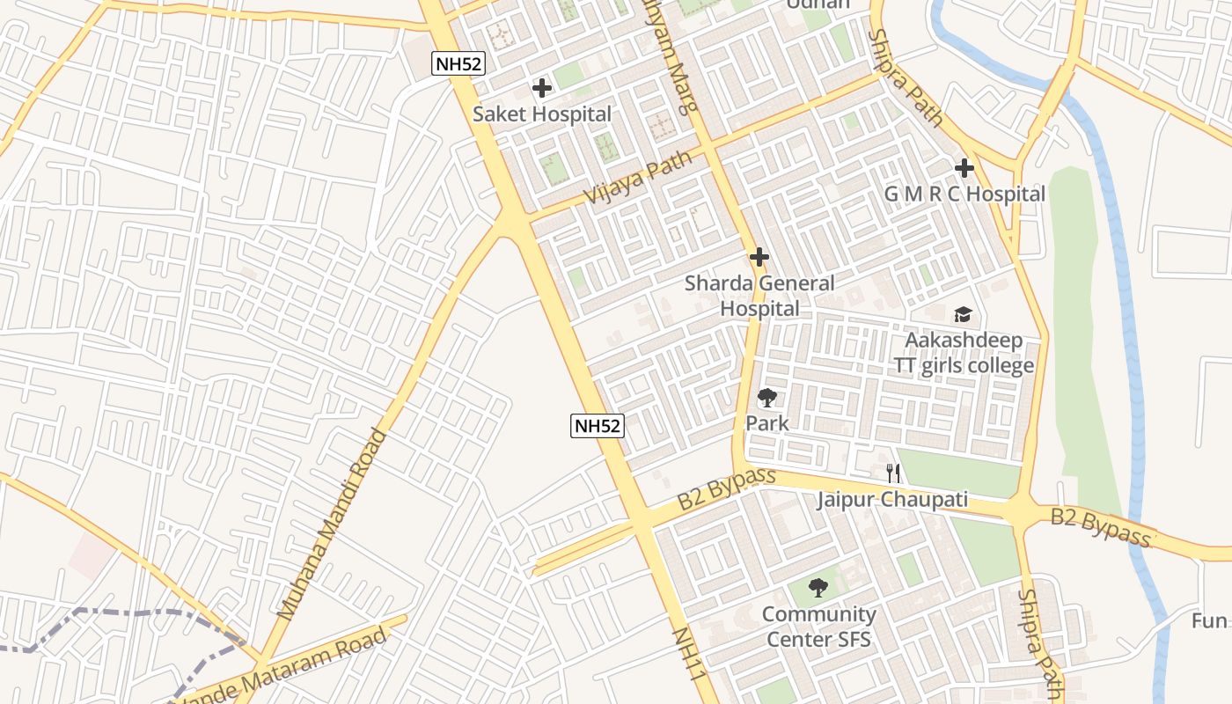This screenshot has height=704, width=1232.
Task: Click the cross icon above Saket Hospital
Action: (542, 88)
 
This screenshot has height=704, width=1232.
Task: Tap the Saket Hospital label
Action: (542, 114)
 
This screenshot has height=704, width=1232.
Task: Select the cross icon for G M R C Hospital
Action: (964, 167)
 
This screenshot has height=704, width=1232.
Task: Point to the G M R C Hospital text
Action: (964, 194)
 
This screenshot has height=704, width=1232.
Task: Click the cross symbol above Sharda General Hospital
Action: (759, 257)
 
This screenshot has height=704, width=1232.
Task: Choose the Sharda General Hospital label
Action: (759, 296)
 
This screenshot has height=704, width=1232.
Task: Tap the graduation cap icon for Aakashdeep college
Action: (964, 314)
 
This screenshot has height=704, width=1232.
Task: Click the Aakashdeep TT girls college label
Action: (964, 352)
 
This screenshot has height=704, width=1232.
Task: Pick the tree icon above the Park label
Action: (767, 398)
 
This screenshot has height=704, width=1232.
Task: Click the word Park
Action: (767, 423)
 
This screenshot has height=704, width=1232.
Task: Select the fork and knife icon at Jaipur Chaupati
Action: (893, 473)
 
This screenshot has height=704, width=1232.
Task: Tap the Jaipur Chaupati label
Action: (892, 500)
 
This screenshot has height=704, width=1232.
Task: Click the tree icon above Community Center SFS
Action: (818, 587)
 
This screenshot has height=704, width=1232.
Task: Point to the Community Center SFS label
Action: (818, 627)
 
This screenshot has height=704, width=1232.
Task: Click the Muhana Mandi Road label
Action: (332, 524)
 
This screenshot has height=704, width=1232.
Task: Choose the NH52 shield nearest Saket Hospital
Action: (458, 63)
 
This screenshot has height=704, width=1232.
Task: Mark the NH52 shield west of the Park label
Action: (597, 427)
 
